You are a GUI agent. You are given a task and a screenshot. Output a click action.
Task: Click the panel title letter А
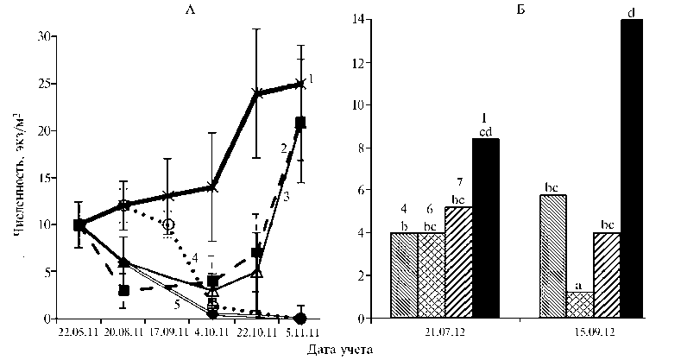tap(190, 9)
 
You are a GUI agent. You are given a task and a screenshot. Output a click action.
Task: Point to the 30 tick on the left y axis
tap(45, 36)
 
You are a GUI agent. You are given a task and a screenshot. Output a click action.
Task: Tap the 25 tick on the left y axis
tap(45, 84)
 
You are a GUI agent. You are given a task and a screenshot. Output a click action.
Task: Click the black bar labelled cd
tap(485, 229)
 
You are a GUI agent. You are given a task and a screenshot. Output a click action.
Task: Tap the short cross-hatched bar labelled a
tap(579, 306)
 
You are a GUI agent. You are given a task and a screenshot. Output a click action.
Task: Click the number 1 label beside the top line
tap(309, 79)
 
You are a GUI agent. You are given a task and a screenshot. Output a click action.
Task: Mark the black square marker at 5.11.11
tap(300, 122)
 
